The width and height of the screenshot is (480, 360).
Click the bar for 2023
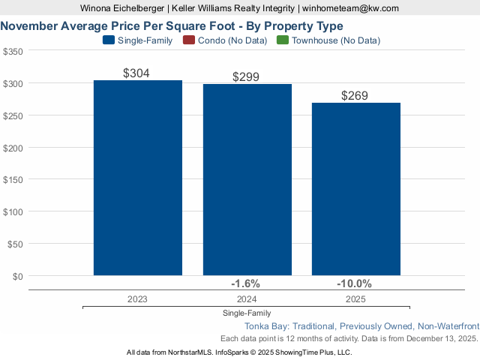[138, 178]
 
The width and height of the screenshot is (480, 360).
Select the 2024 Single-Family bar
[247, 180]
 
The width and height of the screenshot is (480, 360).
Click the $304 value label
[138, 73]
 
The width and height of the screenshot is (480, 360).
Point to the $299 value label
[247, 76]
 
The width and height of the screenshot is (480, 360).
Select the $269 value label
[355, 95]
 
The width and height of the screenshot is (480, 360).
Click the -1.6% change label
[247, 283]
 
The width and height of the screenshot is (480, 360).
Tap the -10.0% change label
[355, 283]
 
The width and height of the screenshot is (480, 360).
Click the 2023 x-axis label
[138, 298]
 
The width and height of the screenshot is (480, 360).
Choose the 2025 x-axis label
[355, 298]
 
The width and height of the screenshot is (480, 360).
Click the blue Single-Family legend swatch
[108, 40]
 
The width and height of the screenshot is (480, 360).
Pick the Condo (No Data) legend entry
[230, 40]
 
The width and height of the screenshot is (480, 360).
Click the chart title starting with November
[172, 25]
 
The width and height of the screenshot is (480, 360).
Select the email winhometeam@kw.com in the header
[350, 8]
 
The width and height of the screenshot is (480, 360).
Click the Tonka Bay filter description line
[361, 326]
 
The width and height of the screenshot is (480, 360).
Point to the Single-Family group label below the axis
[247, 313]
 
